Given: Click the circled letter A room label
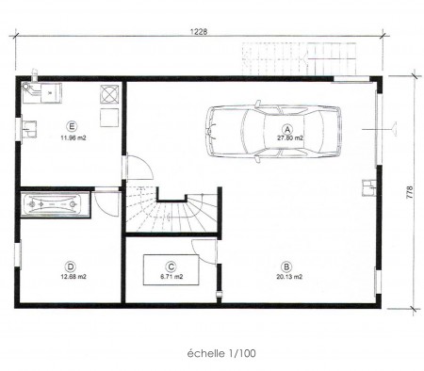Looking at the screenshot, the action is tap(287, 129).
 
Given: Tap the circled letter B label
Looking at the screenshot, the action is tap(286, 267).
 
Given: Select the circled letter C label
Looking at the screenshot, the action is tap(171, 267).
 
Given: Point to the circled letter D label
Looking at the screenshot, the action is tap(71, 267).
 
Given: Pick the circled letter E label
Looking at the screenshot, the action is tap(72, 127).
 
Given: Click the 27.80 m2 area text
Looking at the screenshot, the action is tap(289, 138).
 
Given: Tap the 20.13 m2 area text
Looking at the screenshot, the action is tap(289, 277).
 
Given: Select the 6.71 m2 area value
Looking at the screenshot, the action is tap(171, 277).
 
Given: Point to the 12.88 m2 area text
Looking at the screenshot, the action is tap(73, 277).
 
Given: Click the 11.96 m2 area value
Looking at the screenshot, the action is tap(73, 137).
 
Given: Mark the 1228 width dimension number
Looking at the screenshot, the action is tap(199, 32).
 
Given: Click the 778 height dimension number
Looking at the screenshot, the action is tap(410, 192).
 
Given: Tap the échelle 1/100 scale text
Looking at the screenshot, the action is tap(221, 354).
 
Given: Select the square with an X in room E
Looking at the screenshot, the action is tap(109, 94).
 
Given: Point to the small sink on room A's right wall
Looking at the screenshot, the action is tap(368, 187).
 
